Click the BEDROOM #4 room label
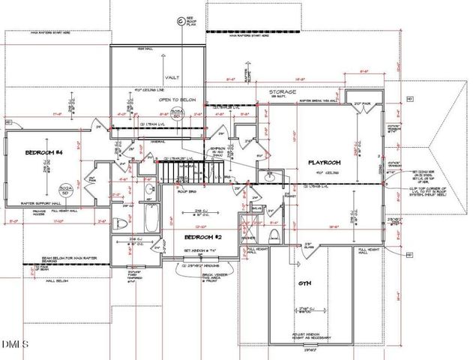(x=42, y=152)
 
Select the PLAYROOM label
(x=324, y=161)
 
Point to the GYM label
(x=305, y=283)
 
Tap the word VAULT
(x=172, y=76)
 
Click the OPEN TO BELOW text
(x=174, y=98)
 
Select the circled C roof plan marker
(x=180, y=22)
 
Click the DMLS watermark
(x=15, y=344)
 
